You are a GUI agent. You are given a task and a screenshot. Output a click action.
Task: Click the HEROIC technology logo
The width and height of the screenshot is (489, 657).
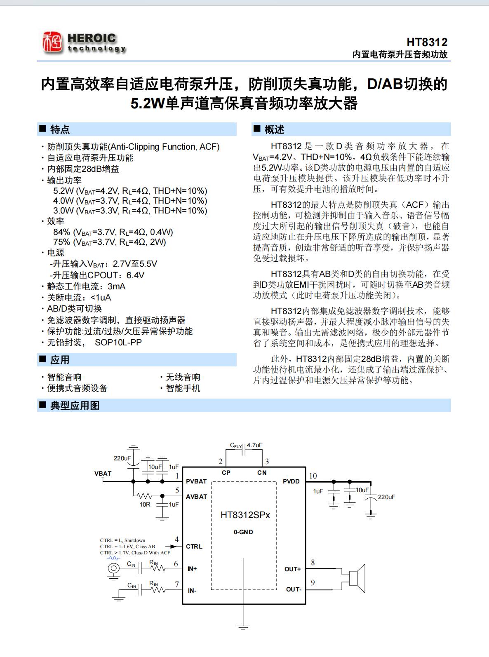(84, 43)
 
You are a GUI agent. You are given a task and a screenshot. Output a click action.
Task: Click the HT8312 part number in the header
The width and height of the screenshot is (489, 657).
(427, 42)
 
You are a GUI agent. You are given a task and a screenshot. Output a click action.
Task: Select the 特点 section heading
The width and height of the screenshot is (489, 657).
(60, 129)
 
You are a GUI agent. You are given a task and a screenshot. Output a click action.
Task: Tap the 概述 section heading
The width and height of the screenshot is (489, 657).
(274, 129)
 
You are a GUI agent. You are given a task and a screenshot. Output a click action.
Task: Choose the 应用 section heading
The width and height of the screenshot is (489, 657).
(60, 360)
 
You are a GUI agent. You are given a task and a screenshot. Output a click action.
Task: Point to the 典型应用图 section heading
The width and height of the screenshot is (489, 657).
(75, 406)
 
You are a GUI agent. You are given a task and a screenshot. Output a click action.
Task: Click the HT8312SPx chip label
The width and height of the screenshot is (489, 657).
(245, 515)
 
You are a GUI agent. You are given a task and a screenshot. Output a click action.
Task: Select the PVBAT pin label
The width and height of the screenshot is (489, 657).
(196, 481)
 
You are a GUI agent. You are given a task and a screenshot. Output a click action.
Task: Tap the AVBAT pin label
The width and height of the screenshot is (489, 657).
(196, 497)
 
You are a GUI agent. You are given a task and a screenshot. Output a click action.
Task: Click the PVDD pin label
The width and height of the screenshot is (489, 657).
(291, 481)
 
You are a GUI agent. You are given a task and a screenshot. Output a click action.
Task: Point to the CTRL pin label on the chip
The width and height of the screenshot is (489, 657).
(194, 547)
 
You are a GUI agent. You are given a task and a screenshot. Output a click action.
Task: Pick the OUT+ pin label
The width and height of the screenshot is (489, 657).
(293, 569)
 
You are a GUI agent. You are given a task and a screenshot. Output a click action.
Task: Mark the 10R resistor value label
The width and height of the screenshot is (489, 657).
(145, 504)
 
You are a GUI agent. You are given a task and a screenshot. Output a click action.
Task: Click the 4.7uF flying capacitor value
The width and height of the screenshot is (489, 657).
(254, 445)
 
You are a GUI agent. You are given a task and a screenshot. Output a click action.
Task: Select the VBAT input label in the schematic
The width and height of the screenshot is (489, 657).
(103, 473)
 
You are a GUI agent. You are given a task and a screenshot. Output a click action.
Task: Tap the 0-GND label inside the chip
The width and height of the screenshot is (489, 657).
(243, 532)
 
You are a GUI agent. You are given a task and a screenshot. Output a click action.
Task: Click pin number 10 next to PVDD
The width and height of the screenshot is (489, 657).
(313, 476)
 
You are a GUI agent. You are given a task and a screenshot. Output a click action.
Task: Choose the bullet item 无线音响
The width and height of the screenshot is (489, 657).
(183, 377)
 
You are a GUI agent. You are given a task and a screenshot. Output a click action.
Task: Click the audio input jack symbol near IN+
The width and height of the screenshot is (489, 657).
(113, 569)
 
